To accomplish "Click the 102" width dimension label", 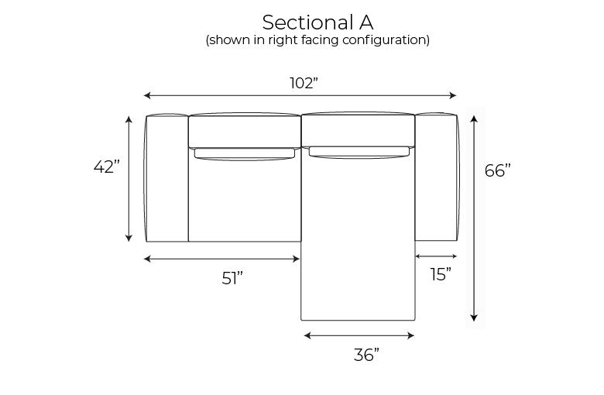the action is tap(304, 83).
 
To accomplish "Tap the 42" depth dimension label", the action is tap(107, 167).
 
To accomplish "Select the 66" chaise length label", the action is tap(498, 170).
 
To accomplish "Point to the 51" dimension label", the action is tap(232, 278).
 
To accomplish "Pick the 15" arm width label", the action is tap(441, 274).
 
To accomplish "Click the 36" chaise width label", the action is tap(366, 355).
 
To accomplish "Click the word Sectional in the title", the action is tap(307, 22).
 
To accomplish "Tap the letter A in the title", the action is tap(366, 22).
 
